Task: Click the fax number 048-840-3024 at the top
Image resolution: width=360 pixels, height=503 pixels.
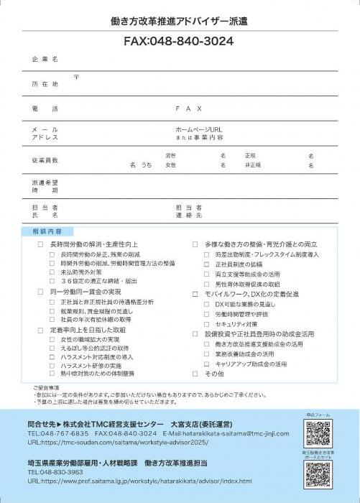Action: pos(180,41)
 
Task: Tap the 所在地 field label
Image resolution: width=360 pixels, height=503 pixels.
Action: pos(45,85)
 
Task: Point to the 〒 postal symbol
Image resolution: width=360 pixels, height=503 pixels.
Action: pos(76,76)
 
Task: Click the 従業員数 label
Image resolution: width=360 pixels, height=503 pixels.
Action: pos(45,160)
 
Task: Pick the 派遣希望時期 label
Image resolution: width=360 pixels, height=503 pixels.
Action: pos(45,187)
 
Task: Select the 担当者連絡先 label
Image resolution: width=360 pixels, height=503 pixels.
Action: pos(189,211)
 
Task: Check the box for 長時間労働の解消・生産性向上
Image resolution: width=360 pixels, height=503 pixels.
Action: pos(41,245)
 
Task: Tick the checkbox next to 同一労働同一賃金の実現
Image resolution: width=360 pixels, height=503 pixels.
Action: pos(41,292)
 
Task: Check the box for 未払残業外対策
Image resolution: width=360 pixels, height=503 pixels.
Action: pos(52,273)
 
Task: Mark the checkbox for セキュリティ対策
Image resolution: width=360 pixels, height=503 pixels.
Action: pos(206,324)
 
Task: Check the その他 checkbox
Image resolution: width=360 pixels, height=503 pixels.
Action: pos(195,374)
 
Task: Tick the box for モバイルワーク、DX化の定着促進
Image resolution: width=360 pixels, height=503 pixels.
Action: pos(195,294)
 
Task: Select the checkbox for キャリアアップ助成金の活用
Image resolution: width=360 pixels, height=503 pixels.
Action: pos(206,364)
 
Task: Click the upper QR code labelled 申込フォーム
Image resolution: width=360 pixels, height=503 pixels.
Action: pos(317,433)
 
